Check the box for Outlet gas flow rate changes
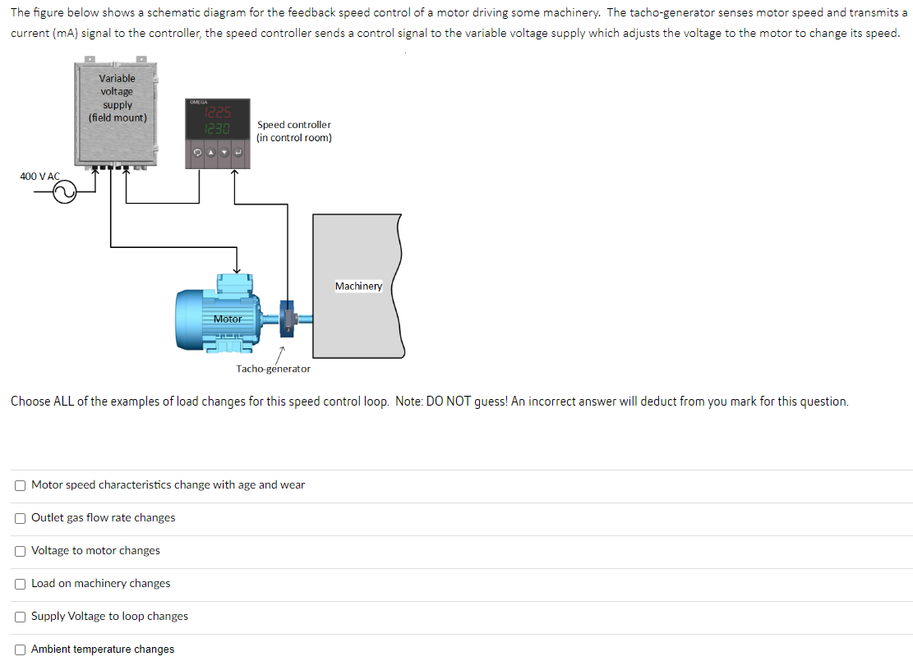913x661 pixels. coord(20,518)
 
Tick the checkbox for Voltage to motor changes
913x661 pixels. coord(20,551)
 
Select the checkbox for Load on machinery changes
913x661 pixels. coord(20,584)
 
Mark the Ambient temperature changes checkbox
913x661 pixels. coord(20,650)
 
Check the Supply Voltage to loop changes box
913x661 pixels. coord(20,617)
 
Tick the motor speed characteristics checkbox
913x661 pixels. coord(20,485)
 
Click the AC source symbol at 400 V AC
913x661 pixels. coord(64,194)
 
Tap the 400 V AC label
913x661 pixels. coord(39,177)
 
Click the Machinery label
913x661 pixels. coord(358,287)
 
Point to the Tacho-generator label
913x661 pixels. coord(273,369)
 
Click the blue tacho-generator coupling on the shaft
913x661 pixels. coord(288,319)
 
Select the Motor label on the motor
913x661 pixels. coord(228,319)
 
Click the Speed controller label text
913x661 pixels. coord(293,131)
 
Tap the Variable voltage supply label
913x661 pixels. coord(118,98)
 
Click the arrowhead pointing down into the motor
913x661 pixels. coord(237,270)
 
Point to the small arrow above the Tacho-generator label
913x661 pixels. coord(279,352)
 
